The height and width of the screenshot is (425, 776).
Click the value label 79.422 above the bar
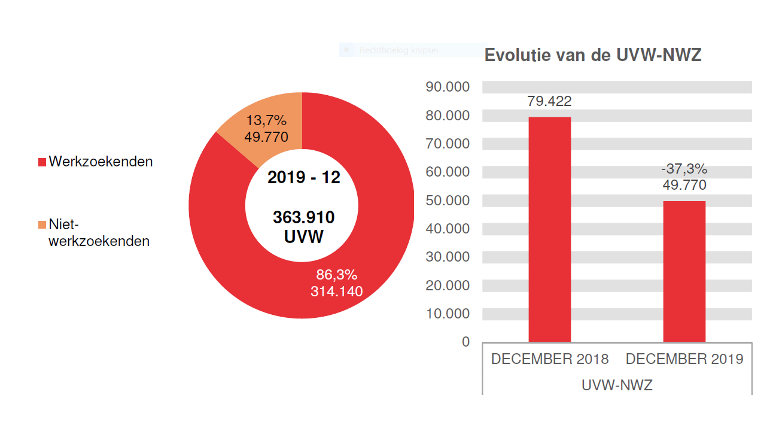point(549,101)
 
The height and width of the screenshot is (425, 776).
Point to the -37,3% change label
point(684,169)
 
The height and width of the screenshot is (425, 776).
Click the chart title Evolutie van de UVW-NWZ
point(592,55)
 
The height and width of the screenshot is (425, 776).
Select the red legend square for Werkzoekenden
point(42,162)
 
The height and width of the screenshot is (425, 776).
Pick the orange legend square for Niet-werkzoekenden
point(42,225)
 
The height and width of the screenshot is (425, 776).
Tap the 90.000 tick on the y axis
point(448,87)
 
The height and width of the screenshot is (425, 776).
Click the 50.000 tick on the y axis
point(448,200)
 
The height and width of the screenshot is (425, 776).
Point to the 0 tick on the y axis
point(465,342)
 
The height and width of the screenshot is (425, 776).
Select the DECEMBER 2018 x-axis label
point(549,359)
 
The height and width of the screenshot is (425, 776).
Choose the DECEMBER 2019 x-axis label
point(684,359)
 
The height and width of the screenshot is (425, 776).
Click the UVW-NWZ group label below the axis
point(617,385)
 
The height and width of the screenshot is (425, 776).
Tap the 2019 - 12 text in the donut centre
point(303,178)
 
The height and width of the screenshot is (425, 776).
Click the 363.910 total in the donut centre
point(303,217)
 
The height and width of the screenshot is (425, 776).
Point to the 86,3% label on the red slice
point(336,275)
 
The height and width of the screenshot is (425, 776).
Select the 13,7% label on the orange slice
point(266,121)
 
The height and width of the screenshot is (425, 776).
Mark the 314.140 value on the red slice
point(336,292)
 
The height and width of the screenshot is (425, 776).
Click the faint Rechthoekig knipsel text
point(398,51)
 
